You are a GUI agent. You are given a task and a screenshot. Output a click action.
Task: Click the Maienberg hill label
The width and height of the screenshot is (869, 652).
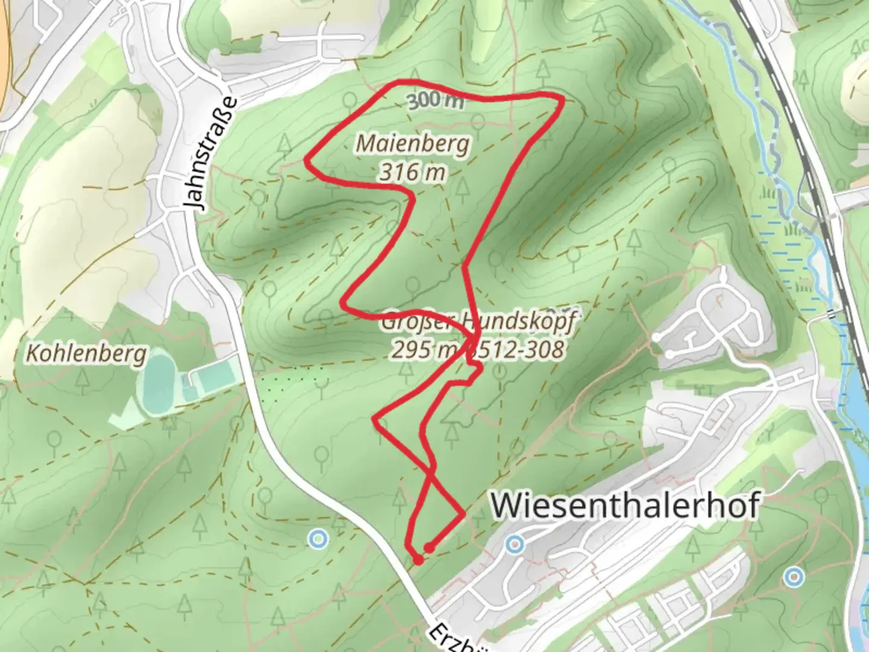(x=413, y=144)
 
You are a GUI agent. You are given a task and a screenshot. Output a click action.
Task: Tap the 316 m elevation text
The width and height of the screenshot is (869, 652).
(x=413, y=173)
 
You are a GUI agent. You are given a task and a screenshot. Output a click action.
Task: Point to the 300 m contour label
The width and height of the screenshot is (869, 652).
(x=436, y=101)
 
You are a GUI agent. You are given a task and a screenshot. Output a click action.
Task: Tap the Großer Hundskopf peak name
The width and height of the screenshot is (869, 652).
(x=477, y=321)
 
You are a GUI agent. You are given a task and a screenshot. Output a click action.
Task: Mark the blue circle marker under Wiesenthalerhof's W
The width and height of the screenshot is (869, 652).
(x=514, y=545)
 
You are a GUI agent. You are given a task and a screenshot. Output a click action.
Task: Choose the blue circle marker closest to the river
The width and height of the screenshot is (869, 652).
(x=794, y=577)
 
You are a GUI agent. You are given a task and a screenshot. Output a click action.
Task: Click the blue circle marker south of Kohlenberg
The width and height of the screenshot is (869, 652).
(x=317, y=538)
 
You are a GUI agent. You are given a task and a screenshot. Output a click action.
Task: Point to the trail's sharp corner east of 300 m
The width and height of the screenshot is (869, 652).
(x=562, y=100)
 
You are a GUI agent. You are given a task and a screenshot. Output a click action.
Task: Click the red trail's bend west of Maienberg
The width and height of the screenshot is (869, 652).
(x=308, y=161)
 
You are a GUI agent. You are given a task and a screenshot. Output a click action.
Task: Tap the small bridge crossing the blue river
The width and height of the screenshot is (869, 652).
(x=832, y=313)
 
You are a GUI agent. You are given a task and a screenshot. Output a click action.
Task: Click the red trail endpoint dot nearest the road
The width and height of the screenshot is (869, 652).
(x=418, y=561)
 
